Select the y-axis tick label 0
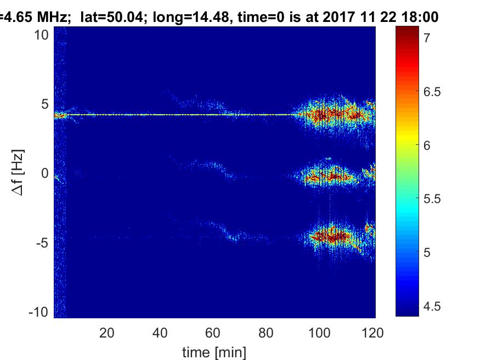44,173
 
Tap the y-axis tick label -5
42,243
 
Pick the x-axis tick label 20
107,333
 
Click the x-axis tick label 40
160,333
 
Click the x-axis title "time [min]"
214,352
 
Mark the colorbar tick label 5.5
432,199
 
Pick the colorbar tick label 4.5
432,306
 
